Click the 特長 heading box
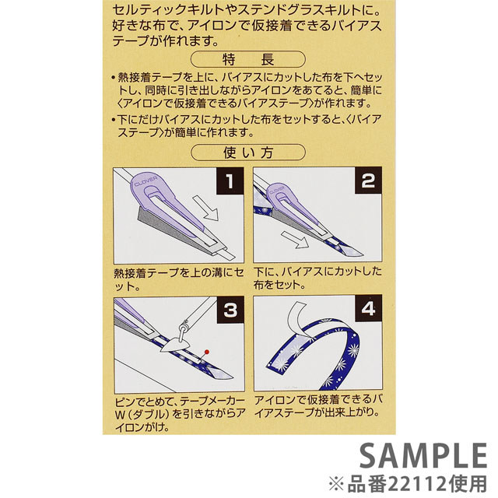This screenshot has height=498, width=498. click(x=248, y=59)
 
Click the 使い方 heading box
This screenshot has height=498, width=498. click(x=248, y=153)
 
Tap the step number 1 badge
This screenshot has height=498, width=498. click(x=230, y=181)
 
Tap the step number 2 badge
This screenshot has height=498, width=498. click(x=368, y=181)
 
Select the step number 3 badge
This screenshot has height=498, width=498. click(x=230, y=310)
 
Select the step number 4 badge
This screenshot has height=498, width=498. click(x=368, y=308)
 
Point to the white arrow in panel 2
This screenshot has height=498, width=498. click(x=295, y=240)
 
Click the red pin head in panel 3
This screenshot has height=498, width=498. click(x=207, y=352)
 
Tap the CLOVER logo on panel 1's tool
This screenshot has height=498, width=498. click(x=146, y=181)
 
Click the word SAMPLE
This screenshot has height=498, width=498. click(x=423, y=455)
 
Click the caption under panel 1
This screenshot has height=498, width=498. click(x=179, y=279)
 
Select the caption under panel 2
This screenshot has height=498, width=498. click(x=317, y=278)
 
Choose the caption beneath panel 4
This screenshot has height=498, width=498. click(x=317, y=406)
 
